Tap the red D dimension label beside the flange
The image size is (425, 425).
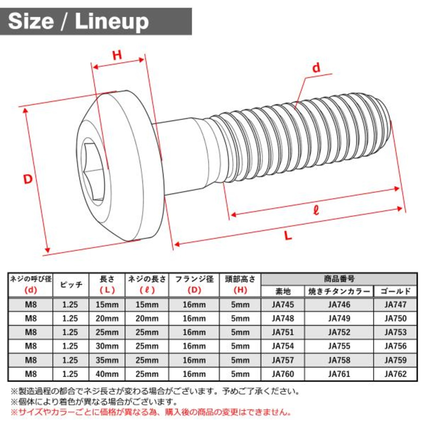pyautogui.click(x=28, y=179)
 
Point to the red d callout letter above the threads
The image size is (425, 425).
pyautogui.click(x=316, y=68)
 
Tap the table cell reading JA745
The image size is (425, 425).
pyautogui.click(x=283, y=304)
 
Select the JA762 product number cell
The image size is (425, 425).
pyautogui.click(x=396, y=374)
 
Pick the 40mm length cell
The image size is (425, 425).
pyautogui.click(x=107, y=374)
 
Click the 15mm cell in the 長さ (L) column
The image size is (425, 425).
pyautogui.click(x=107, y=304)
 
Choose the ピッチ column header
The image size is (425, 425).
pyautogui.click(x=71, y=285)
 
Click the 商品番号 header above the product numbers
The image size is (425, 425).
pyautogui.click(x=339, y=279)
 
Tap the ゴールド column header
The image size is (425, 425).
pyautogui.click(x=396, y=292)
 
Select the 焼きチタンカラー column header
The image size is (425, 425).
pyautogui.click(x=339, y=292)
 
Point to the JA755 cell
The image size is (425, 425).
pyautogui.click(x=339, y=346)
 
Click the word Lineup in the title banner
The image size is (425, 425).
pyautogui.click(x=112, y=22)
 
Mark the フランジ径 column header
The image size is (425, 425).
pyautogui.click(x=194, y=279)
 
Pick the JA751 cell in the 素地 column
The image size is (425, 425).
pyautogui.click(x=283, y=332)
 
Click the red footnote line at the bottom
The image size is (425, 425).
pyautogui.click(x=151, y=412)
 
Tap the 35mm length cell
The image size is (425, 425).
pyautogui.click(x=107, y=360)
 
